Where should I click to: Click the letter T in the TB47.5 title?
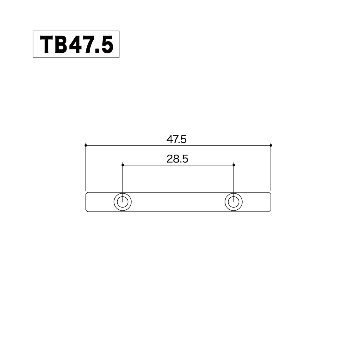(48, 45)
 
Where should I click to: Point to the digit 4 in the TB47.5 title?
(77, 45)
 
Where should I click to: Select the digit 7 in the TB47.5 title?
(91, 45)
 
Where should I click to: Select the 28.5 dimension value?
(177, 159)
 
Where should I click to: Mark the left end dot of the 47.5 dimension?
(86, 146)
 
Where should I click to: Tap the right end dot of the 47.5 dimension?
(271, 146)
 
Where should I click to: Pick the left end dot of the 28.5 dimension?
(123, 165)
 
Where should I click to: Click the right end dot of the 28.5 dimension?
(234, 165)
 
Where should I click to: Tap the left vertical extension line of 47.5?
(86, 168)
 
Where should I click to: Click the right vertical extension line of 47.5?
(271, 168)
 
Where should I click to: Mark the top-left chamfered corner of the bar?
(87, 193)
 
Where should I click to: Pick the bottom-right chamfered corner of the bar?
(270, 211)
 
